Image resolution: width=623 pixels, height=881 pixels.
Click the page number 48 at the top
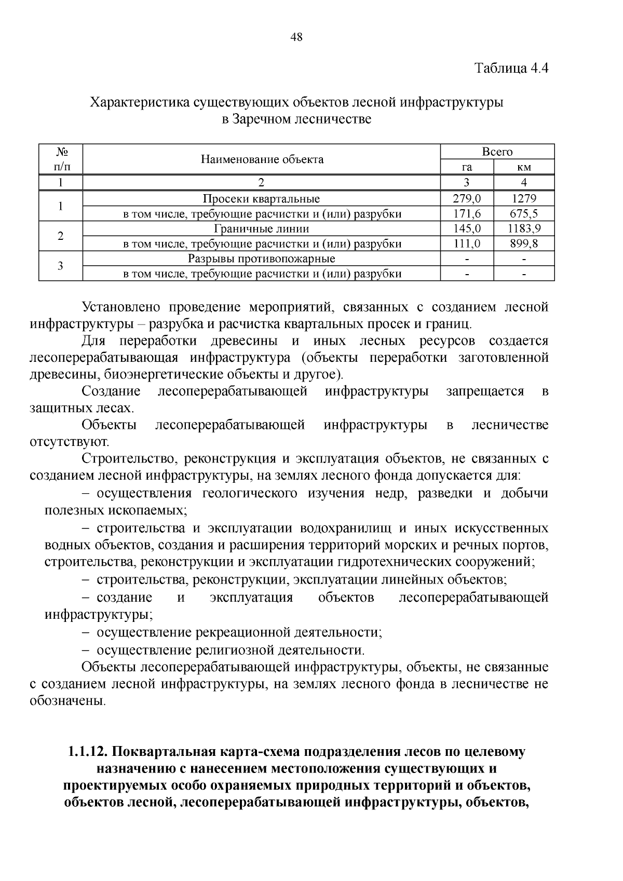point(297,37)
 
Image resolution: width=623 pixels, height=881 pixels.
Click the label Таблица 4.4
point(511,68)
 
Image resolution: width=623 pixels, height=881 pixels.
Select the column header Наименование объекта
point(262,159)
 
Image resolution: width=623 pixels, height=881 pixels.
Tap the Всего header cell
point(497,152)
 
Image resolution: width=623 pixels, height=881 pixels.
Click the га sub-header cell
point(466,167)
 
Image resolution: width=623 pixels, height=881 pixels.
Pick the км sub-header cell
point(523,167)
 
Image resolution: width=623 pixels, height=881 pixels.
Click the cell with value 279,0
point(466,198)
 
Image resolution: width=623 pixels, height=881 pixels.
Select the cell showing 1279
point(523,198)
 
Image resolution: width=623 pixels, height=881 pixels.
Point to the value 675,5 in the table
point(523,213)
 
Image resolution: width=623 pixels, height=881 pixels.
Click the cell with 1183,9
point(523,228)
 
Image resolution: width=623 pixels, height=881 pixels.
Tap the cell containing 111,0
point(466,243)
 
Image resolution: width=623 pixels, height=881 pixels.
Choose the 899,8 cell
point(523,243)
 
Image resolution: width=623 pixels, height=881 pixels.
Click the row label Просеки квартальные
point(261,198)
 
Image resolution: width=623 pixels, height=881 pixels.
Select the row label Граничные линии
point(261,228)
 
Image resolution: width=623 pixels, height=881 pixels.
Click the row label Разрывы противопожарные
point(261,259)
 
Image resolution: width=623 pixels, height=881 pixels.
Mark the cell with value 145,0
point(466,228)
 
